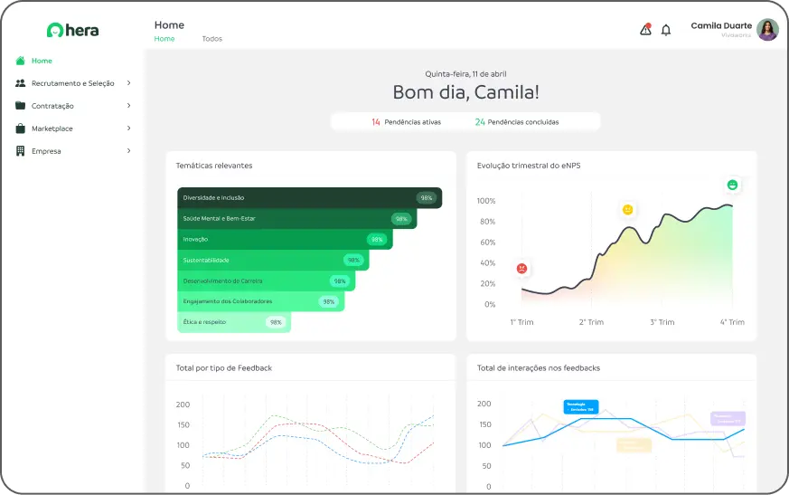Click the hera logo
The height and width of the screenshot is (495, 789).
(x=72, y=30)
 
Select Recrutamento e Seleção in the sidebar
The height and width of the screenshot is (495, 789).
(x=72, y=83)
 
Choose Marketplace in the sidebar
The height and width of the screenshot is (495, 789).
(x=52, y=129)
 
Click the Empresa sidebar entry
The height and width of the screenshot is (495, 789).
(x=46, y=151)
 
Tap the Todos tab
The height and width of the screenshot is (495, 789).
(x=211, y=39)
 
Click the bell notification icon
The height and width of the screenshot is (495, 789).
(x=666, y=30)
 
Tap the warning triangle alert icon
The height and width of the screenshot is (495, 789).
(x=645, y=30)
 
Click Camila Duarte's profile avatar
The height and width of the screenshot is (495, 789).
(x=767, y=30)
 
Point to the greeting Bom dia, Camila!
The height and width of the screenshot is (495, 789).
(x=465, y=92)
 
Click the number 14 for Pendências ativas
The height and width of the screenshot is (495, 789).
(x=376, y=122)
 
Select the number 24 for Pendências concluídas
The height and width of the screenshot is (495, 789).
(x=480, y=122)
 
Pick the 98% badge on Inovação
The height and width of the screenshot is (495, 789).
(x=377, y=240)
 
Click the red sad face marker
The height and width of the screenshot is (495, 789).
(x=522, y=269)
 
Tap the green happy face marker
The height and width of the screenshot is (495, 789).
(x=732, y=186)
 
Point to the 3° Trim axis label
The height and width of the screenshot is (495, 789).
(x=662, y=322)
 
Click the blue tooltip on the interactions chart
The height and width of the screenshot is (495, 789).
(x=580, y=407)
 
